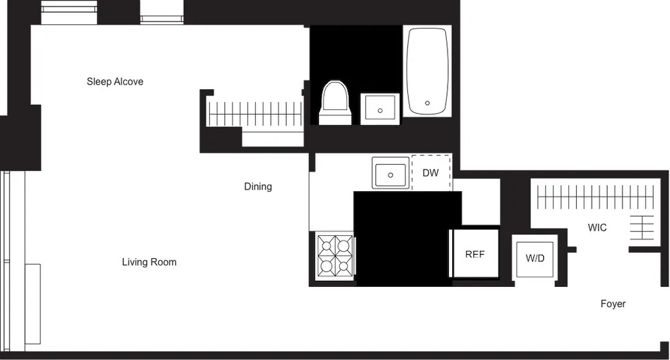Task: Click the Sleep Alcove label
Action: (115, 82)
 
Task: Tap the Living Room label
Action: (149, 262)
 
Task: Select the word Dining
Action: (258, 186)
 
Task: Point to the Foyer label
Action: (612, 304)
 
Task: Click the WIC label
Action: (597, 228)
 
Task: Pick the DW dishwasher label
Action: (431, 173)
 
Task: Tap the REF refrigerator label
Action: (474, 254)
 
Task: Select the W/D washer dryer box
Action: (535, 258)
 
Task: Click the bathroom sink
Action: (381, 109)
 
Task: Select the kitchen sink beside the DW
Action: (391, 174)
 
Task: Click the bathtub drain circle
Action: (427, 104)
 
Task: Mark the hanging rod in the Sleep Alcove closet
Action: (255, 113)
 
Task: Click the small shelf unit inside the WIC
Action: (642, 227)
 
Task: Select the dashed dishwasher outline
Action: (431, 173)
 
